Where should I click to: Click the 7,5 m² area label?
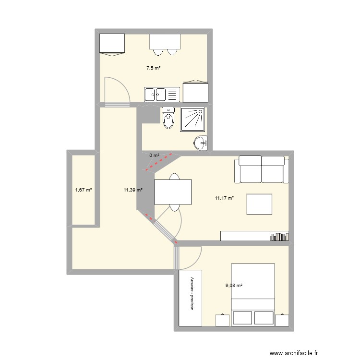[153, 68]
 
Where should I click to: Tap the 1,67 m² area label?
[83, 190]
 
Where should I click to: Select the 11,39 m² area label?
[133, 190]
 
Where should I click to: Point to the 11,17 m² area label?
[225, 198]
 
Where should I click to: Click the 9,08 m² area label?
[234, 285]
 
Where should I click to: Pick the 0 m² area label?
[154, 155]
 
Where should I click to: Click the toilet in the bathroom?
[168, 119]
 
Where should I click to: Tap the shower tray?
[192, 119]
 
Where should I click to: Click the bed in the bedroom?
[253, 294]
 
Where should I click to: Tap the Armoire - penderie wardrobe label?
[192, 293]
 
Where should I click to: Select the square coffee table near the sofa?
[259, 204]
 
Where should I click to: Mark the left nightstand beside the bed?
[223, 320]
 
